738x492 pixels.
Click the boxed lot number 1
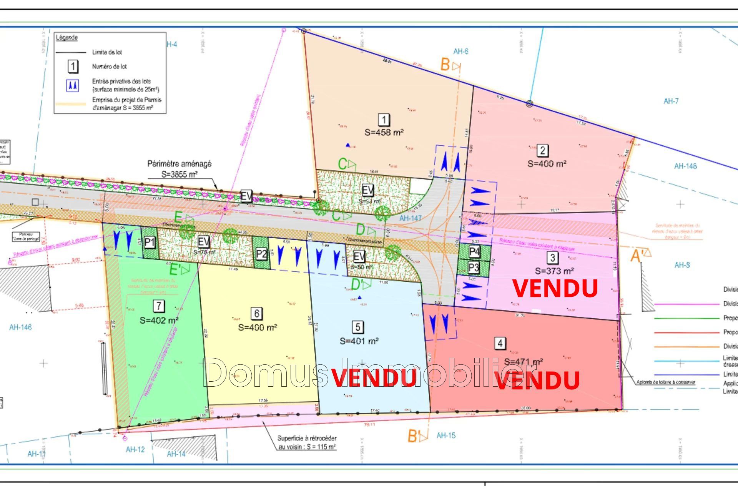point(384,120)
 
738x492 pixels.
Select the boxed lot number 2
point(542,150)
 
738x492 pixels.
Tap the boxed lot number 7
point(158,306)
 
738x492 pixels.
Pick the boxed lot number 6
point(257,313)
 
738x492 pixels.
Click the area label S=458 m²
point(384,132)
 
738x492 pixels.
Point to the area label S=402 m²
point(159,320)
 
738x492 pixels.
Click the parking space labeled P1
point(150,242)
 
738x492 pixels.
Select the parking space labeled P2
point(261,254)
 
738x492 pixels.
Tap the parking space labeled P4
point(474,252)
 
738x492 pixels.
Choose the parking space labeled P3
point(474,267)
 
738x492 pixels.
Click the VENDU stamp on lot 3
point(555,288)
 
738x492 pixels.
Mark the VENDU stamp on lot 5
point(374,378)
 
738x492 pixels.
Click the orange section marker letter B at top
point(445,65)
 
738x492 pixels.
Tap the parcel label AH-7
point(671,101)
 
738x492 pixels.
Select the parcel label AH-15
point(446,435)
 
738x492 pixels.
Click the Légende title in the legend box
point(67,38)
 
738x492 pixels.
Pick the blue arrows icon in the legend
point(73,85)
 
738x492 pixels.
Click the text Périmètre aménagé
point(179,164)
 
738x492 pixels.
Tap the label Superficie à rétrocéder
point(307,438)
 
